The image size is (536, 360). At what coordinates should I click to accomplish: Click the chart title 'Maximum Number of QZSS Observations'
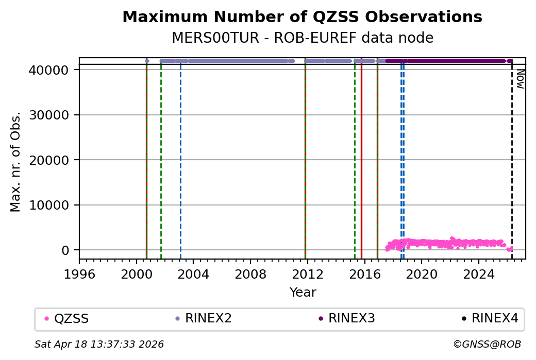[x=302, y=17]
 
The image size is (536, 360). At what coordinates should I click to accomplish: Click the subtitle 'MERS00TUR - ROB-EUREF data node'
[x=302, y=38]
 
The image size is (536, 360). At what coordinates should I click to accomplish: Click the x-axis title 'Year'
[x=303, y=293]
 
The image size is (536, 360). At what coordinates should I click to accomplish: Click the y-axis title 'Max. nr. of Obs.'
[x=15, y=161]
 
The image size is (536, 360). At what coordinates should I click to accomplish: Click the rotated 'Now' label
[x=521, y=79]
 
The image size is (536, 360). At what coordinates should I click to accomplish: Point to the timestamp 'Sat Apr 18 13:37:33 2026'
[x=99, y=344]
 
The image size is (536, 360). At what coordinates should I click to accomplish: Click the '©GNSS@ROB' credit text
[x=487, y=344]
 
